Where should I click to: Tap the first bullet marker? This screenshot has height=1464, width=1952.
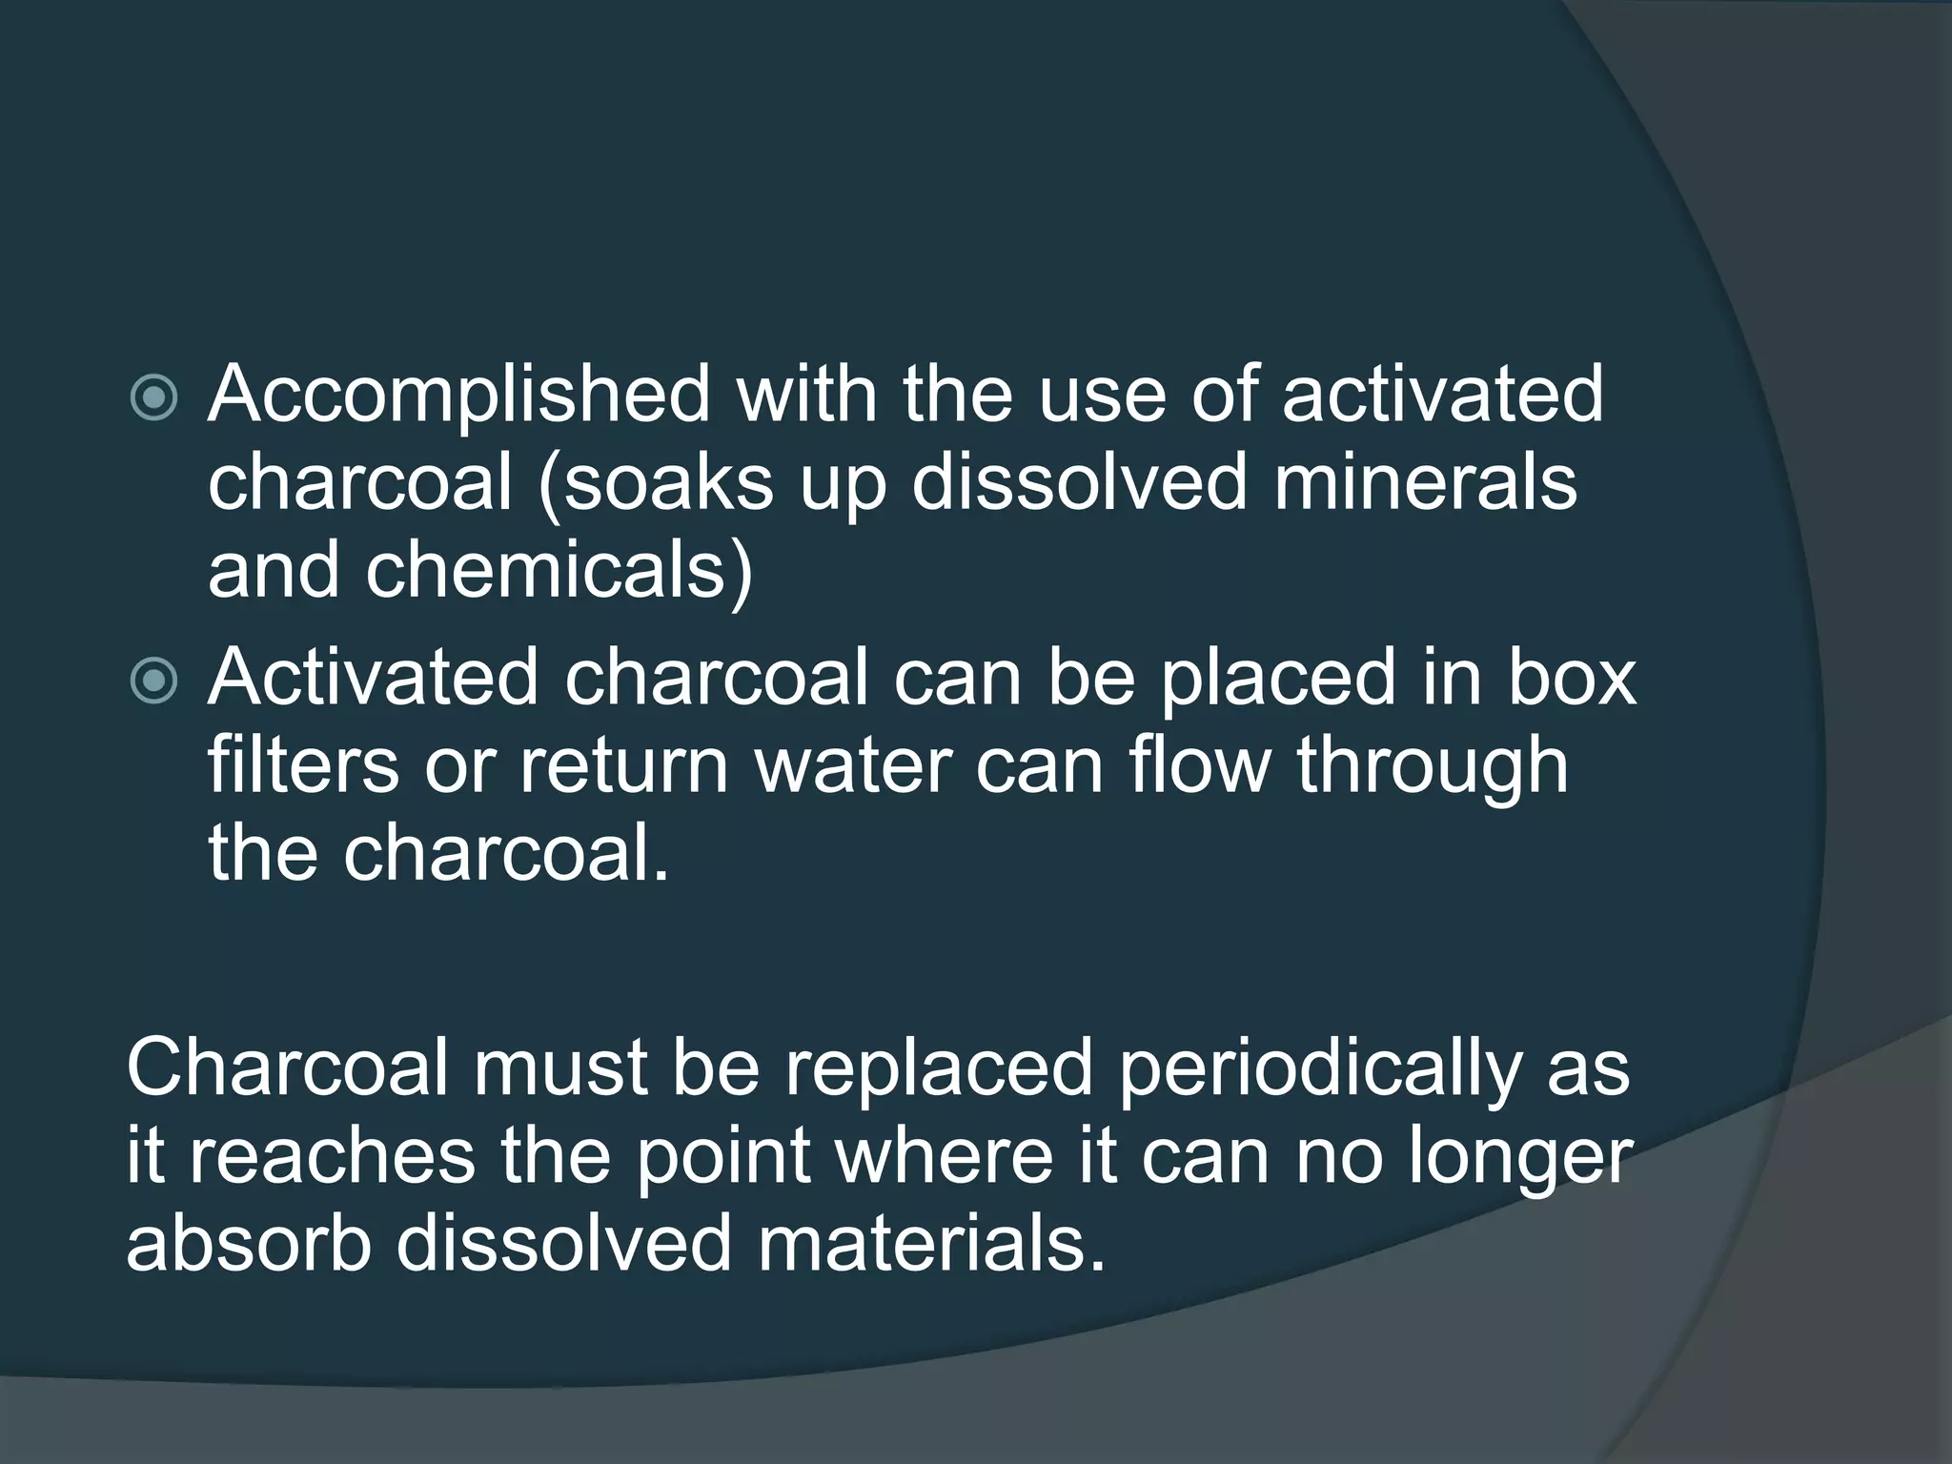[153, 397]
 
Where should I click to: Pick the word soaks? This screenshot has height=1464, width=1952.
[656, 482]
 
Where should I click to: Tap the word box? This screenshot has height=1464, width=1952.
[1572, 679]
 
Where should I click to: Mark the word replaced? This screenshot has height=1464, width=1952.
[938, 1067]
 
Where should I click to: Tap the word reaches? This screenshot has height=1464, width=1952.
[331, 1156]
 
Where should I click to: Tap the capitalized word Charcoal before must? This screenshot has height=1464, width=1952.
[286, 1067]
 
